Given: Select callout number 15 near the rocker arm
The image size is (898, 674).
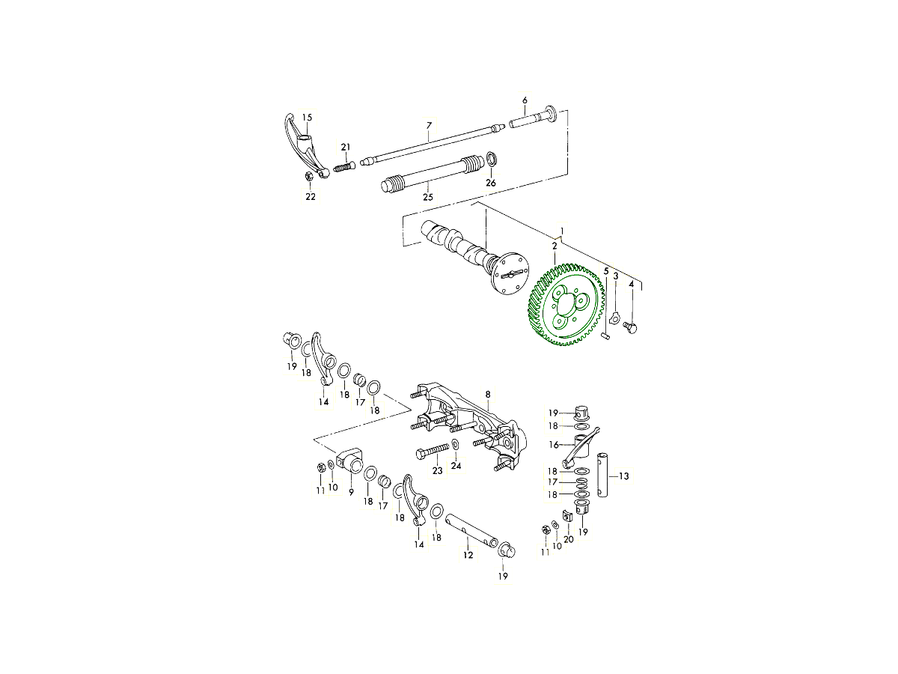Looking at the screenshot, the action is pyautogui.click(x=307, y=118).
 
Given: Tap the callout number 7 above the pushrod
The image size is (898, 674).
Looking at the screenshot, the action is pyautogui.click(x=429, y=126).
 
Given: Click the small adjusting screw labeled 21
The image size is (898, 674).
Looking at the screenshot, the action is pyautogui.click(x=343, y=167).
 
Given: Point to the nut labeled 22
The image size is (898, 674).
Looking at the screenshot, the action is pyautogui.click(x=309, y=177).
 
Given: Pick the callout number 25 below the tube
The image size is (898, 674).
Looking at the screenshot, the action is pyautogui.click(x=427, y=197).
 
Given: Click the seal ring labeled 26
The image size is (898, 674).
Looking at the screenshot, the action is pyautogui.click(x=492, y=159).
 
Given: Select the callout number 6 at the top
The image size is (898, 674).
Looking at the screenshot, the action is pyautogui.click(x=525, y=100).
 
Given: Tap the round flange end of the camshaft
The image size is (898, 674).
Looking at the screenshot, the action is pyautogui.click(x=510, y=274).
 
